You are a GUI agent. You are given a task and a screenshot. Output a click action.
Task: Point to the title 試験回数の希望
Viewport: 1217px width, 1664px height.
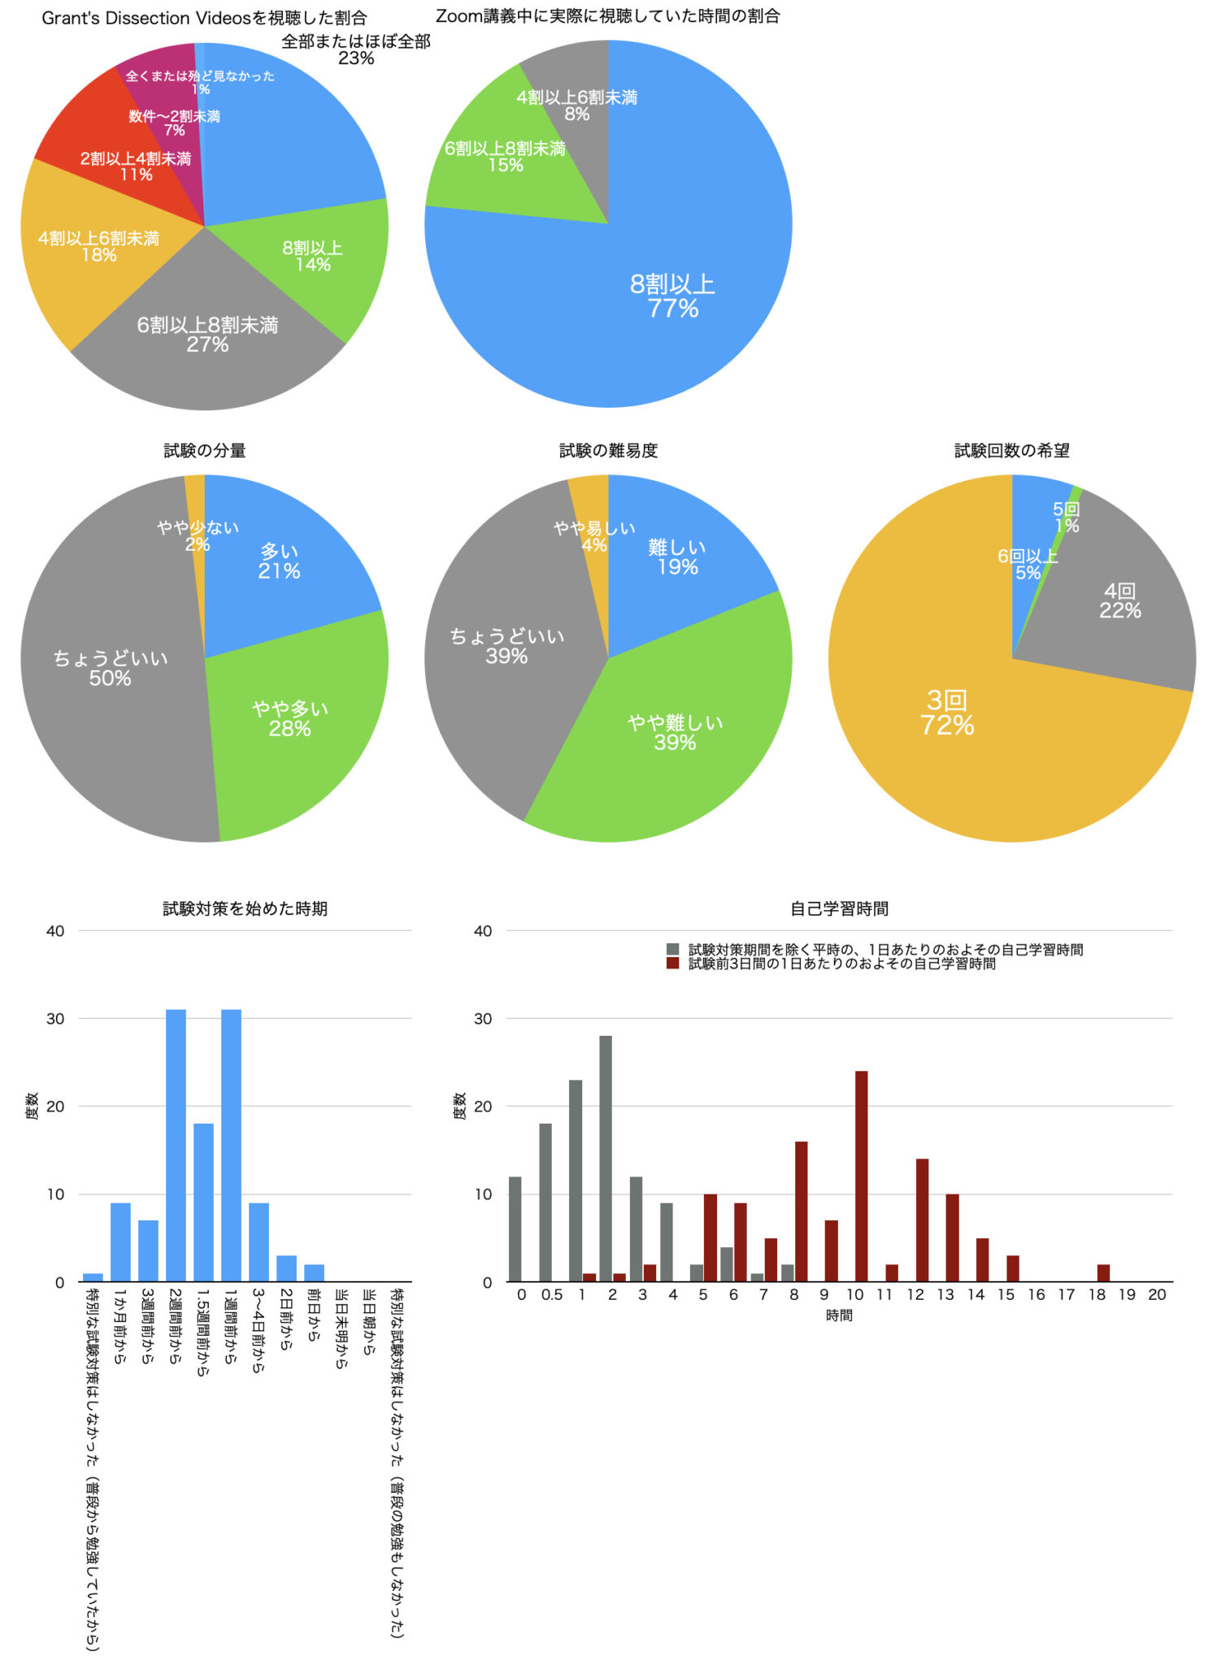(1011, 451)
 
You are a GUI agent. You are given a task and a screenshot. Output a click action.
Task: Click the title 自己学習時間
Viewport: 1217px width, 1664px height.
(839, 908)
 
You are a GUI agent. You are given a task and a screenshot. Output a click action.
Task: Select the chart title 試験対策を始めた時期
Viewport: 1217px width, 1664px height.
(245, 908)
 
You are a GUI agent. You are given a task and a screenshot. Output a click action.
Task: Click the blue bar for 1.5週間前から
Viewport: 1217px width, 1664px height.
(203, 1202)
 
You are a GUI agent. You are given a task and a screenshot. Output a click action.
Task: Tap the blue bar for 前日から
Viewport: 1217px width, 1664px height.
(314, 1273)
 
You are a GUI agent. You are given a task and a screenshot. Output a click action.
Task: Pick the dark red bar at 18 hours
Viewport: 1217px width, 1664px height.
(1103, 1273)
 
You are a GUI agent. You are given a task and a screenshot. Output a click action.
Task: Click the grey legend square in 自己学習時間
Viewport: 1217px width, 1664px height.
(672, 949)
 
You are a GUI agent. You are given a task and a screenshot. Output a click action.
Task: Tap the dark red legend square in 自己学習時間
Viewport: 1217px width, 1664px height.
(672, 964)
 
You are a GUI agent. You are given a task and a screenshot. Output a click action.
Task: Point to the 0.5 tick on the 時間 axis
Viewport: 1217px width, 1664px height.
(551, 1295)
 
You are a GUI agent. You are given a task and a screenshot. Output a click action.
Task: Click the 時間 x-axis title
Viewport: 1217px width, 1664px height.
(839, 1315)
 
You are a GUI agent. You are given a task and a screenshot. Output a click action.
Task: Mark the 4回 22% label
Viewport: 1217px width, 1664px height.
(1119, 601)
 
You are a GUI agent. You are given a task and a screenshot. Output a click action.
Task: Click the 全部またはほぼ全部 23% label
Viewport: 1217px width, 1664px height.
(356, 50)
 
